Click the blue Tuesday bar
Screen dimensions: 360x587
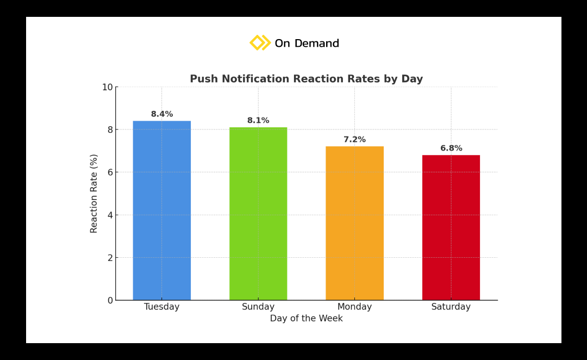[161, 210]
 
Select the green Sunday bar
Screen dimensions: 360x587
[258, 214]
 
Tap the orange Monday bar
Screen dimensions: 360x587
[354, 223]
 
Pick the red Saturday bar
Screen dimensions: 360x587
[451, 227]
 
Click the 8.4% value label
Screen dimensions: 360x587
[162, 114]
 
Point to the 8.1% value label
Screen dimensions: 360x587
[258, 121]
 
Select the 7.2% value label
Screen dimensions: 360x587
[354, 140]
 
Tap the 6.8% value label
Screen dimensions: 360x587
[451, 148]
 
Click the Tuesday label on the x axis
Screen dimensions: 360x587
[161, 307]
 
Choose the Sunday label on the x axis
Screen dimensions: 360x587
[258, 307]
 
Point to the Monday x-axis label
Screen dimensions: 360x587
[354, 307]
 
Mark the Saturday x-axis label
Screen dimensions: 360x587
[451, 307]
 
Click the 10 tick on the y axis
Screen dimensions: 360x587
[107, 87]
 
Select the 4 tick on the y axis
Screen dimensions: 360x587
[109, 215]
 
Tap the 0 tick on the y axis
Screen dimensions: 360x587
[109, 300]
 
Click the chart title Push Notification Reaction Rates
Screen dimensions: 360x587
[306, 79]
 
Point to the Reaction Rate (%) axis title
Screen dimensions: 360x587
[94, 194]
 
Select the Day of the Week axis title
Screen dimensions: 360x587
[306, 319]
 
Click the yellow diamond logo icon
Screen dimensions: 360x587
[259, 42]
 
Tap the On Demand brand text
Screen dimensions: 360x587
[307, 44]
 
